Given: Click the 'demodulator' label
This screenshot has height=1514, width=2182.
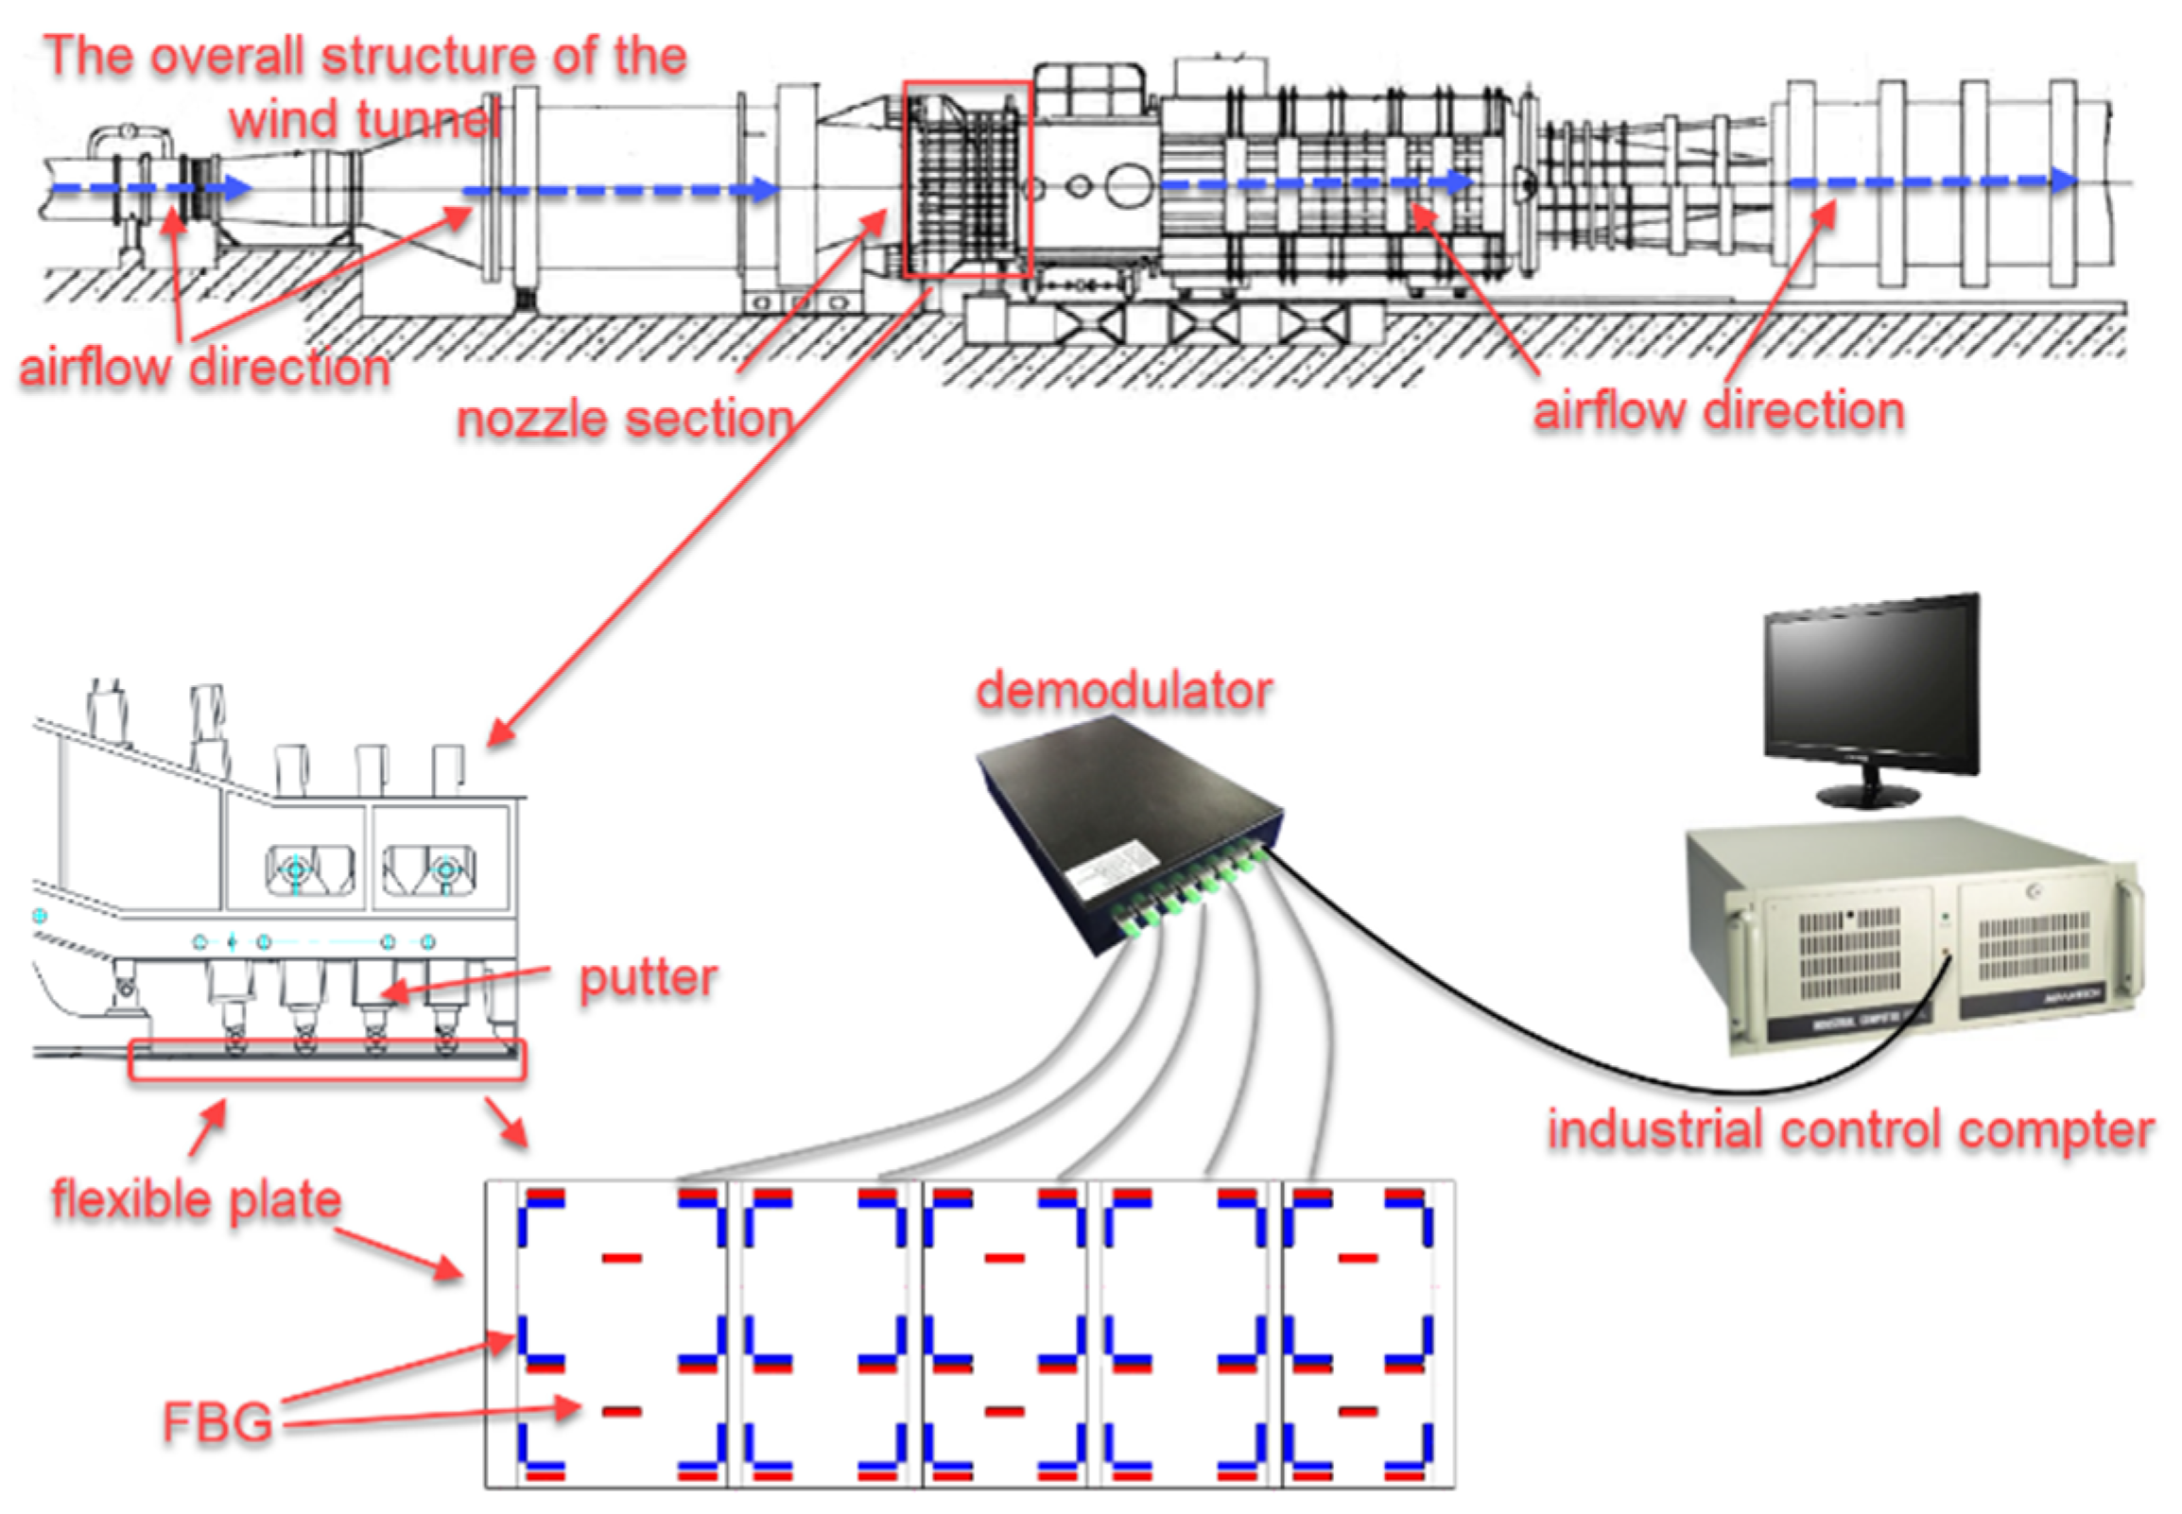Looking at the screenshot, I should pos(1123,690).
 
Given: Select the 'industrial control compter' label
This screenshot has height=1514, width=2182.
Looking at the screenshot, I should pos(1850,1130).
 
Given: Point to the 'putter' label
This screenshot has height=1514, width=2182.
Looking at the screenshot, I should pos(648,977).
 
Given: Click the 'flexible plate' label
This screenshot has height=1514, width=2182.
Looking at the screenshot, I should pos(197,1199).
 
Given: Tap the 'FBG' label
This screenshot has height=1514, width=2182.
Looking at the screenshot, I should pos(217,1422).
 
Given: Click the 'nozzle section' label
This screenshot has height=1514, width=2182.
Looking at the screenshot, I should pos(624,419).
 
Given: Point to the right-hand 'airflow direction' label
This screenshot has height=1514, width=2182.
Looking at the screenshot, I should pos(1718,411).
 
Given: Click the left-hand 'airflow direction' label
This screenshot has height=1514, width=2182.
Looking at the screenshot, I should pos(205,367).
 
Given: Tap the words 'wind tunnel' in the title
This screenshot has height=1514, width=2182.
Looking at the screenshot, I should pos(364,119).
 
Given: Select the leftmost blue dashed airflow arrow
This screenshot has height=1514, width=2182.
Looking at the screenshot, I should pos(152,188).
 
